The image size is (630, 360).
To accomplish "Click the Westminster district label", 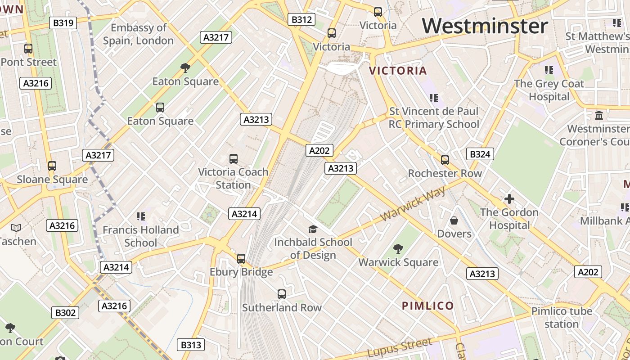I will (485, 26).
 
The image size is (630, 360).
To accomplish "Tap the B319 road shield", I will (63, 23).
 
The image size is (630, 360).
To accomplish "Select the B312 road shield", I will (301, 19).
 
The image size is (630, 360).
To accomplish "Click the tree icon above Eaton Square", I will (185, 68).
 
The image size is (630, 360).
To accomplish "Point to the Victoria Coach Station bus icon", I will (233, 159).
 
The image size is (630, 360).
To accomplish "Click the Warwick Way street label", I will (413, 203).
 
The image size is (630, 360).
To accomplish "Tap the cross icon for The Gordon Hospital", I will (509, 199).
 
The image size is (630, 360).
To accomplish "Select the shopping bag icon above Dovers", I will (454, 220).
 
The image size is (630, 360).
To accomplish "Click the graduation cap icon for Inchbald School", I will (313, 229).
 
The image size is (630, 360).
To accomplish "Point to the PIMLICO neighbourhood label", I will (427, 306).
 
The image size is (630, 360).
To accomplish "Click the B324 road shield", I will (480, 154).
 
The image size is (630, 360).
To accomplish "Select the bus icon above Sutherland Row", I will (282, 294).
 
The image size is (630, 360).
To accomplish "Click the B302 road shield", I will (65, 313).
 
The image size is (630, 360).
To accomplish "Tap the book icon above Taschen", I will (16, 228).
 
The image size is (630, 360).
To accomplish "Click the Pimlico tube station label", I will (561, 317).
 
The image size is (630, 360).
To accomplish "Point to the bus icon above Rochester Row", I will (445, 160).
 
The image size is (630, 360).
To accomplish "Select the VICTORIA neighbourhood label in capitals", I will (398, 71).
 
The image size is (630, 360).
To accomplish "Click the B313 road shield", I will (190, 345).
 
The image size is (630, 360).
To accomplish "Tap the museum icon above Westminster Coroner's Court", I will (598, 116).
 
